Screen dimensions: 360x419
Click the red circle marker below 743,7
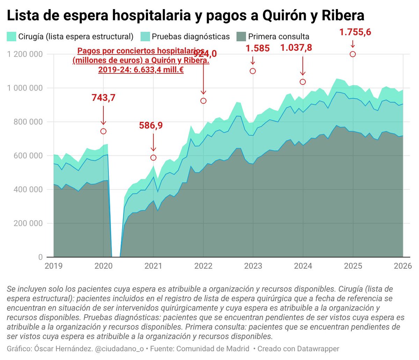[103, 131]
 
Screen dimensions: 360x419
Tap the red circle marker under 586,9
[153, 158]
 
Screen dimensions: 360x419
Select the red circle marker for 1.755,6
[353, 54]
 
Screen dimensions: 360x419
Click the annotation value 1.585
[257, 48]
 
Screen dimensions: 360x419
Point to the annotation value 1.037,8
[296, 48]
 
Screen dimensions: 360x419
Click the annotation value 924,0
[206, 54]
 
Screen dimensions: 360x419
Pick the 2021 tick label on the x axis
[153, 266]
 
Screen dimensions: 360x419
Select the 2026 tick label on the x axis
[403, 266]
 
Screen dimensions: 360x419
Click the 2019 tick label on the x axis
[54, 266]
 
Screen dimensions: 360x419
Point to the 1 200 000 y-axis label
[25, 54]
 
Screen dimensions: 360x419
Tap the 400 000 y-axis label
[28, 189]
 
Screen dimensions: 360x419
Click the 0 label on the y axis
[40, 257]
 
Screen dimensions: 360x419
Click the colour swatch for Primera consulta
[241, 36]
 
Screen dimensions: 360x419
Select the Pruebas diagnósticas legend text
[191, 36]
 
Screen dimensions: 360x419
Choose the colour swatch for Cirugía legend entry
[12, 36]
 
